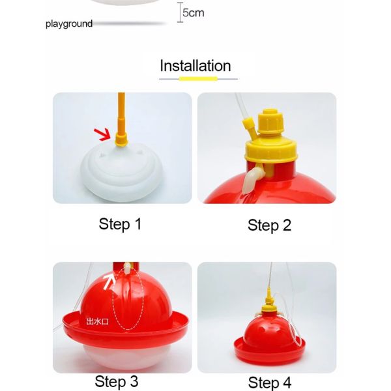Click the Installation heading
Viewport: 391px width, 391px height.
[195, 66]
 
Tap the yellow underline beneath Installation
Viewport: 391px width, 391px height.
[198, 79]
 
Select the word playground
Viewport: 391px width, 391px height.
[69, 24]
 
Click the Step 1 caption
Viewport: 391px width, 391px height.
[120, 224]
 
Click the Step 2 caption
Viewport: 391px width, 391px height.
[269, 225]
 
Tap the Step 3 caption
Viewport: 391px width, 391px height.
[117, 381]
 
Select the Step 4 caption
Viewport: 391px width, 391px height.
[270, 383]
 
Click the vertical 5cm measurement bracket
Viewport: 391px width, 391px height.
[180, 12]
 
